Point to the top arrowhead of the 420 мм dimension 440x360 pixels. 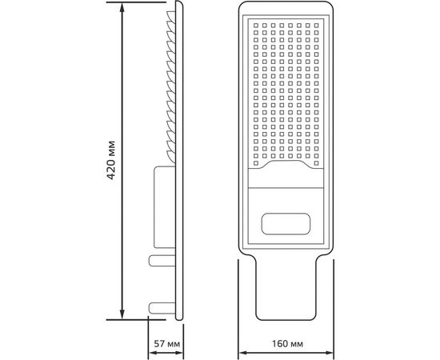click(x=122, y=7)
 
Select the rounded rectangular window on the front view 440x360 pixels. click(x=286, y=221)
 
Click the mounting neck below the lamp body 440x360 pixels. click(x=286, y=292)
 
